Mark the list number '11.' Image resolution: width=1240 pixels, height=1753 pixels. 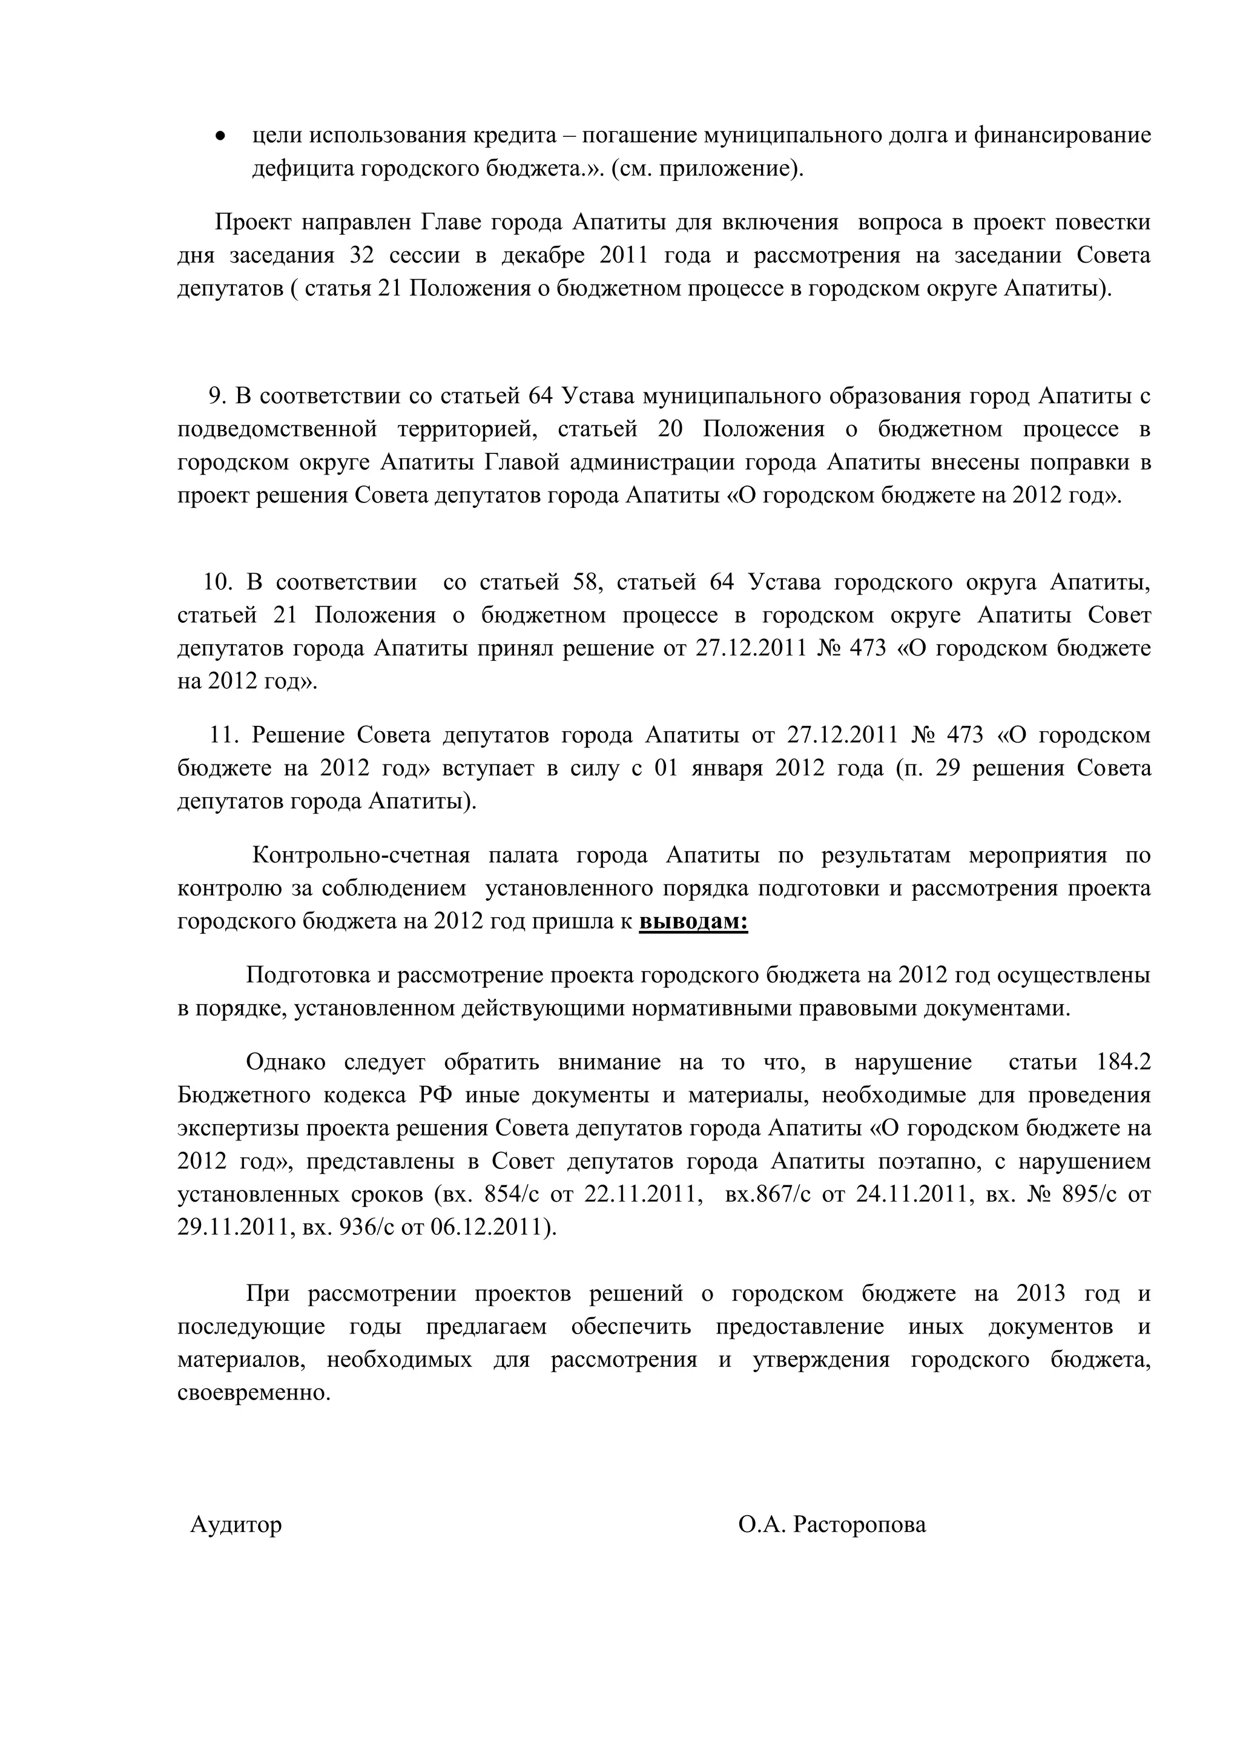click(x=225, y=734)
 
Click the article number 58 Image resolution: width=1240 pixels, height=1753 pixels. click(x=585, y=582)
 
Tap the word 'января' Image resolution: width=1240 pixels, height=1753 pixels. click(x=725, y=768)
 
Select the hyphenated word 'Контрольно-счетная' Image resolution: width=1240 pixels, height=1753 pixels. click(x=360, y=855)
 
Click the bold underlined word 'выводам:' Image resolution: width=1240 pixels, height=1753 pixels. click(x=693, y=921)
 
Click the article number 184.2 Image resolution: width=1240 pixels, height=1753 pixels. click(x=1123, y=1062)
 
